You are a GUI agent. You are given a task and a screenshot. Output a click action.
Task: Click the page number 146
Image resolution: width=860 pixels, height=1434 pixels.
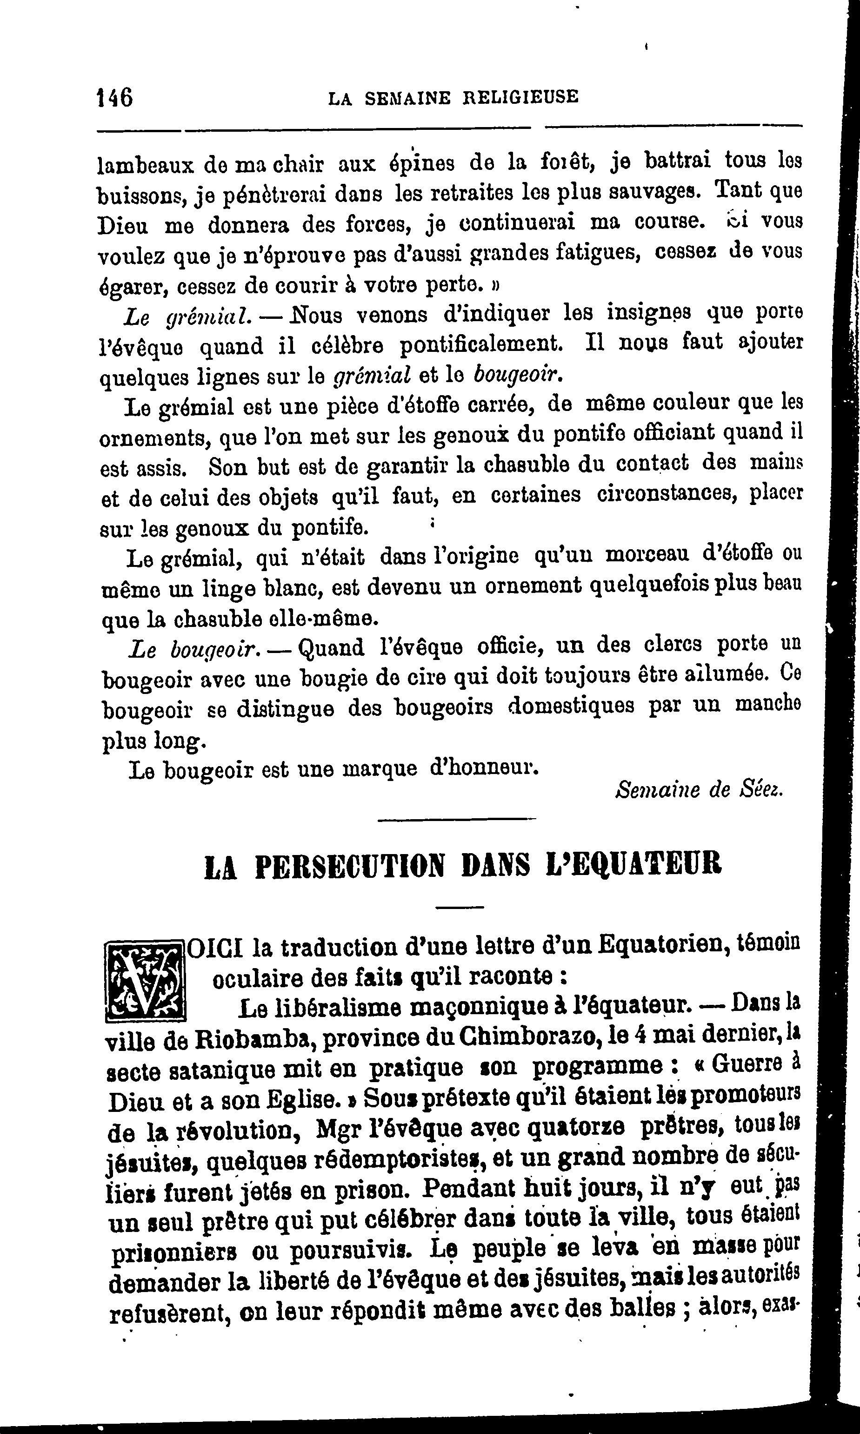(x=115, y=97)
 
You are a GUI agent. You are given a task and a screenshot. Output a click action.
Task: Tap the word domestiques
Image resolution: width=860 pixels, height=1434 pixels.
(x=570, y=707)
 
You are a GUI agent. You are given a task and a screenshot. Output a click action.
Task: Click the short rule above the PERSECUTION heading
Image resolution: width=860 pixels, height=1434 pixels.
(x=457, y=819)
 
